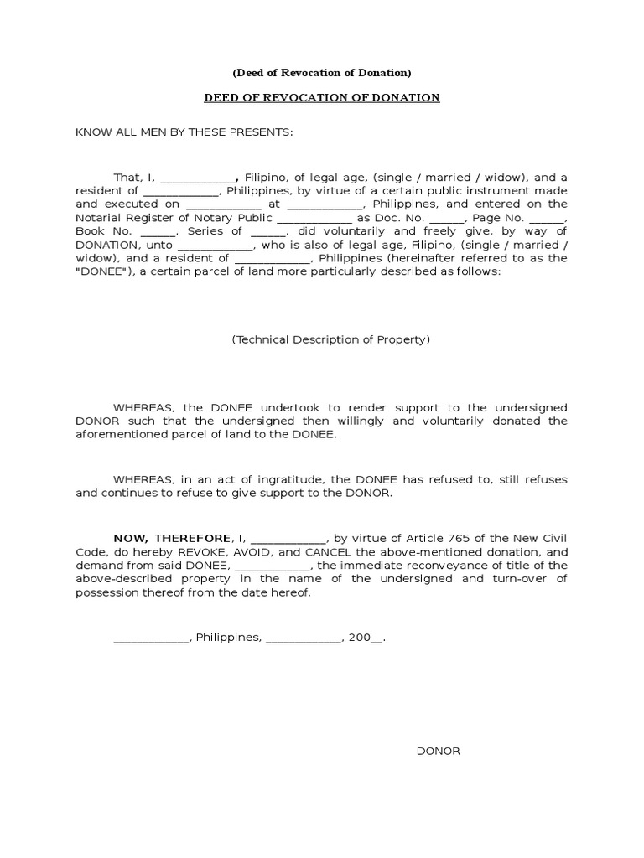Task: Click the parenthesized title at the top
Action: tap(322, 72)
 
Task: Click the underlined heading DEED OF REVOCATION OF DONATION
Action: tap(322, 98)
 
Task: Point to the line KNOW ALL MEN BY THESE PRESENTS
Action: tap(184, 132)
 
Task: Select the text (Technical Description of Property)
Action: tap(330, 339)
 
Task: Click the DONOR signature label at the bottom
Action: tap(438, 751)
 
